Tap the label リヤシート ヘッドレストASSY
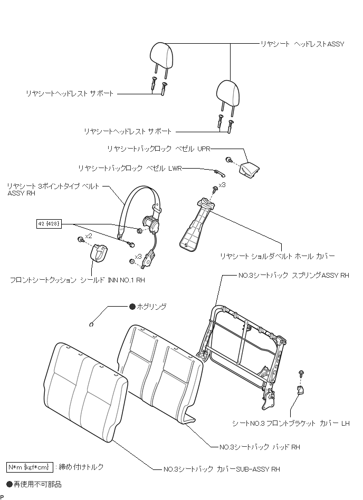tap(302, 44)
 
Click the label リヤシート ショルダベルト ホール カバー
tap(277, 257)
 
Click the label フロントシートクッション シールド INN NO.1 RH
tap(77, 280)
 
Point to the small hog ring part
tap(92, 325)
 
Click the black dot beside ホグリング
tap(132, 306)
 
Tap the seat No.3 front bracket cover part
tap(300, 390)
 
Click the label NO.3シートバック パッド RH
tap(260, 447)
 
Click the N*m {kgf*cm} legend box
tap(29, 467)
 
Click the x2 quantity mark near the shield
tap(89, 236)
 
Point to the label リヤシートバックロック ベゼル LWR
tap(129, 168)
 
